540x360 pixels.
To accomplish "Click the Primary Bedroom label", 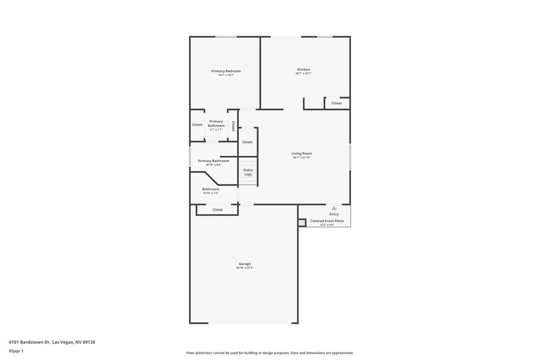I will (225, 71).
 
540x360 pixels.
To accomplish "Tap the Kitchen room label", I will (303, 70).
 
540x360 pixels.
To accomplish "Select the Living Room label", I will (302, 153).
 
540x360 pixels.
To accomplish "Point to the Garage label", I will (244, 263).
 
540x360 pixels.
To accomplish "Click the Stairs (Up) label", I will (248, 172).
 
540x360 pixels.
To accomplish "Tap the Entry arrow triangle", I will (333, 208).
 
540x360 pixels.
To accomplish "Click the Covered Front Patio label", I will (327, 221).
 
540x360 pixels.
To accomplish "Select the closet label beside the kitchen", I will (336, 103).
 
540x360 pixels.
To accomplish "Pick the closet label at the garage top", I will (217, 209).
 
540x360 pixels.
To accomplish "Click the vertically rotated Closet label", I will (233, 126).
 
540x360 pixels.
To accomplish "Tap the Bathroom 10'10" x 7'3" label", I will (211, 189).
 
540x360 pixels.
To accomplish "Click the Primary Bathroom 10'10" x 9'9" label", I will (213, 161).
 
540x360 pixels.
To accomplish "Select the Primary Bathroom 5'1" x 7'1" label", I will (216, 124).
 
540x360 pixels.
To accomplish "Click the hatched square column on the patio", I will (302, 221).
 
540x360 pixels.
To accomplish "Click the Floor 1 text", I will (17, 351).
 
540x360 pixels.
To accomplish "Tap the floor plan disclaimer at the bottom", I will (269, 353).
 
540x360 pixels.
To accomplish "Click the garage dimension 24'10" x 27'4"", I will (244, 267).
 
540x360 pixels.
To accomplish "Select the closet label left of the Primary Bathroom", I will (197, 124).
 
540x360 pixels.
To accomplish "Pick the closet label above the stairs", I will (247, 142).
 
